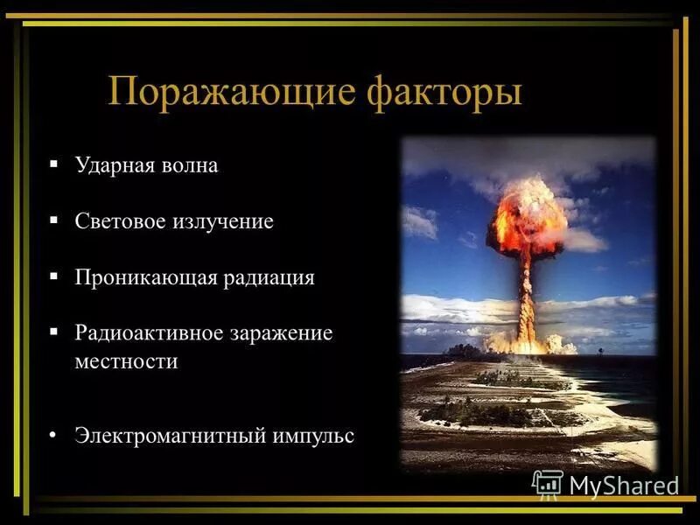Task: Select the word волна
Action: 190,165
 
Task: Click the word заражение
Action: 281,334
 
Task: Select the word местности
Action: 126,361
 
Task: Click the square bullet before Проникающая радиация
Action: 54,276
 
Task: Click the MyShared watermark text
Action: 624,486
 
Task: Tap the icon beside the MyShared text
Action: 548,484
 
